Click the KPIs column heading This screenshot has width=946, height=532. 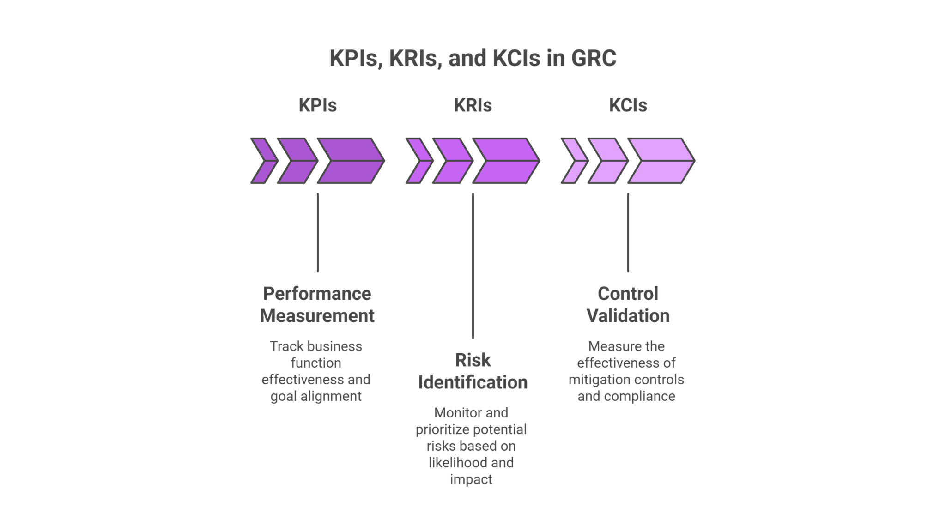click(x=317, y=106)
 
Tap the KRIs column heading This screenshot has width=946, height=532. click(x=473, y=106)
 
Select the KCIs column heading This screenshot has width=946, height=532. click(x=628, y=106)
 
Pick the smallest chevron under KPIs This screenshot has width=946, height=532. click(x=261, y=161)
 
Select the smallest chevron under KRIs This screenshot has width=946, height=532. click(x=417, y=161)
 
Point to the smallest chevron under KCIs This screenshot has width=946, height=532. click(x=572, y=161)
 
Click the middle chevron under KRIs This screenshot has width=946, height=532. click(x=450, y=161)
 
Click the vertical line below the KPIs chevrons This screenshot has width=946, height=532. click(x=317, y=232)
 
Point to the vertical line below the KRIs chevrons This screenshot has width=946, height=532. click(x=473, y=266)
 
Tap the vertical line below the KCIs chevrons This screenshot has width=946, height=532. click(x=628, y=232)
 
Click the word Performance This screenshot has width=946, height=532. click(x=317, y=294)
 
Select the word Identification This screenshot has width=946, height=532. click(x=473, y=382)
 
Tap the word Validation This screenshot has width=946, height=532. click(x=628, y=316)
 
